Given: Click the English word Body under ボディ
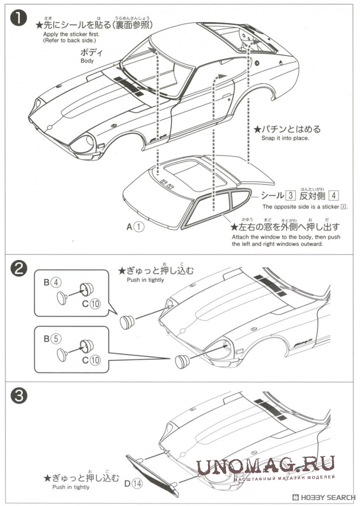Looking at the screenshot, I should pyautogui.click(x=87, y=61).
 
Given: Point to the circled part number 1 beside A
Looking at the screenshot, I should pyautogui.click(x=140, y=227).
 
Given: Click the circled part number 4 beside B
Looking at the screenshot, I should pyautogui.click(x=57, y=283).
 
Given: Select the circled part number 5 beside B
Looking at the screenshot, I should pyautogui.click(x=57, y=339).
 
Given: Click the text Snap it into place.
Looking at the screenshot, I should pyautogui.click(x=285, y=138).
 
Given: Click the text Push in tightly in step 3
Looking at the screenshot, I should pyautogui.click(x=70, y=487).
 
